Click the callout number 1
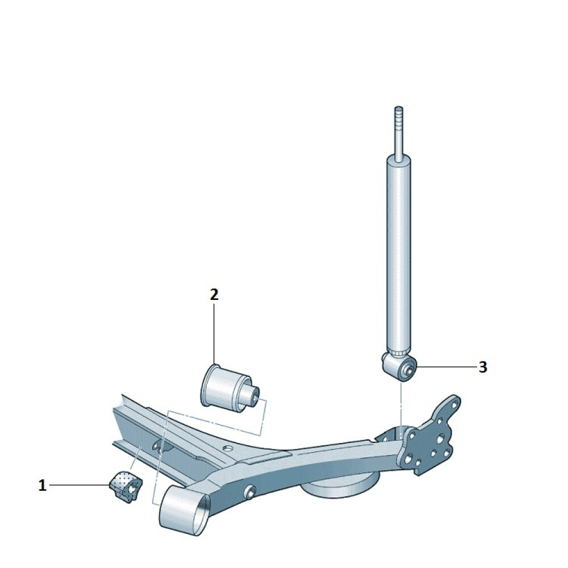tap(43, 486)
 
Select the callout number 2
tap(214, 294)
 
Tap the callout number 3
tap(482, 367)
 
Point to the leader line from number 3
tap(446, 367)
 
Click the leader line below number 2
tap(214, 333)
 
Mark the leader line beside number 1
tap(80, 485)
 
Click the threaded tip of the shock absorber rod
tap(399, 116)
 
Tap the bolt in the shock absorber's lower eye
tap(407, 370)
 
